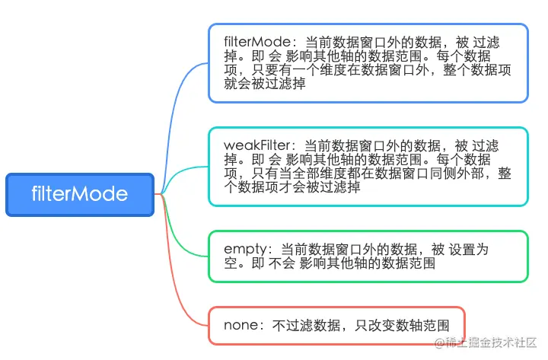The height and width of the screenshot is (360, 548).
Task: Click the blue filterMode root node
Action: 80,194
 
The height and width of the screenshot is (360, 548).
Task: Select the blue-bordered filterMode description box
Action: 368,62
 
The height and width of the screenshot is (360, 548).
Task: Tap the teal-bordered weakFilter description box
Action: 368,166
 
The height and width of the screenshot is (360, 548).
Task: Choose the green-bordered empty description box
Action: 368,256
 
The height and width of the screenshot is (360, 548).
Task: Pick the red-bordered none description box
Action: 336,326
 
